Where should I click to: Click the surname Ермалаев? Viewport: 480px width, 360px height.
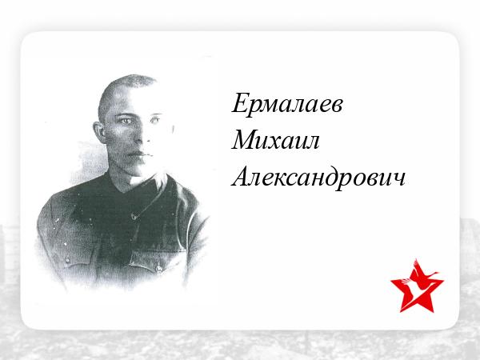click(x=287, y=103)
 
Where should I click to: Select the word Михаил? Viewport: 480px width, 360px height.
click(x=275, y=140)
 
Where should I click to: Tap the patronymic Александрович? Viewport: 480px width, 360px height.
click(x=318, y=178)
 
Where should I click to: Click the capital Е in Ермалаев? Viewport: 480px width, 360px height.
click(x=241, y=103)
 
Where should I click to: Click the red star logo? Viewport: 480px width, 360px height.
click(x=417, y=287)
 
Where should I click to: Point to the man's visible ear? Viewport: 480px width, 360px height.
click(x=100, y=132)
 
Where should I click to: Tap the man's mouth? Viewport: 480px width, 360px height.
click(x=139, y=154)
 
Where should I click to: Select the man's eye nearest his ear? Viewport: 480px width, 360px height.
click(x=126, y=122)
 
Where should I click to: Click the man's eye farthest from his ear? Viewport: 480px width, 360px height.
click(x=155, y=120)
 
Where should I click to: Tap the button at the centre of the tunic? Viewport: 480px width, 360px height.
click(x=134, y=217)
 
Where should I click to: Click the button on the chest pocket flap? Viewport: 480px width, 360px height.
click(x=158, y=269)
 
